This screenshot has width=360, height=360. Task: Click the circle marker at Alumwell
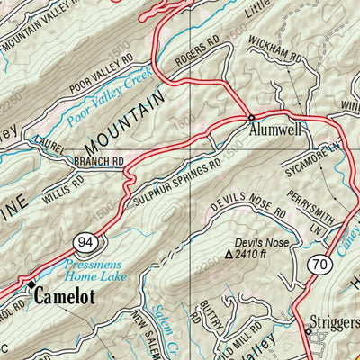pos(252,118)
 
